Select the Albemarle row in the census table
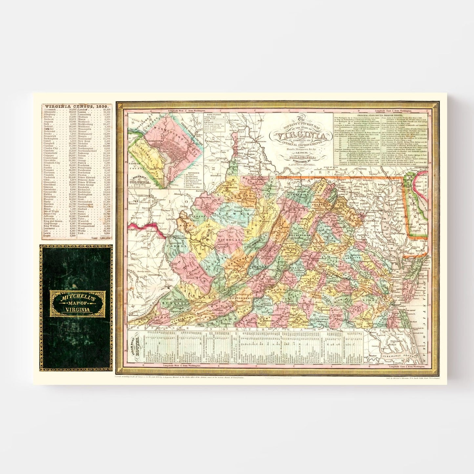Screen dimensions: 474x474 [52, 112]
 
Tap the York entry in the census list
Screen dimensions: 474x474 [82, 233]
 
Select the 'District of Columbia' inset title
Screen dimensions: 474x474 [140, 179]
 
